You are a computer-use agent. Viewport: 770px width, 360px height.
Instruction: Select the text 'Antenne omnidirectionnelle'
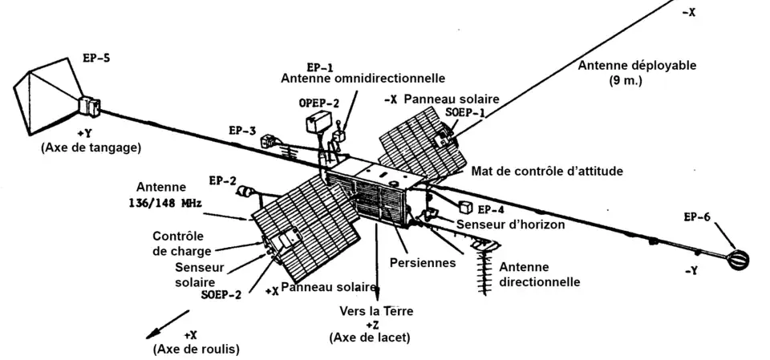point(363,79)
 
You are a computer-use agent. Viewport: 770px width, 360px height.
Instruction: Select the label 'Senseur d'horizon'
point(510,224)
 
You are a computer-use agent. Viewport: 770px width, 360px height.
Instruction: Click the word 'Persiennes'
point(423,262)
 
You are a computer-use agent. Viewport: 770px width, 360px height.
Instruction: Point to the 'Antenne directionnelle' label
point(539,274)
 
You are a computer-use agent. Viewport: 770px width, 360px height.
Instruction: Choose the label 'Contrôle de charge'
point(179,243)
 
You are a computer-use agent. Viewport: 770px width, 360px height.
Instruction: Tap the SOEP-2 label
point(221,294)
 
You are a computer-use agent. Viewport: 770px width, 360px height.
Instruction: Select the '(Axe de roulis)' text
point(196,349)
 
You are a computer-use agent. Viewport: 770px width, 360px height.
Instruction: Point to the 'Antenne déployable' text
point(637,66)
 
